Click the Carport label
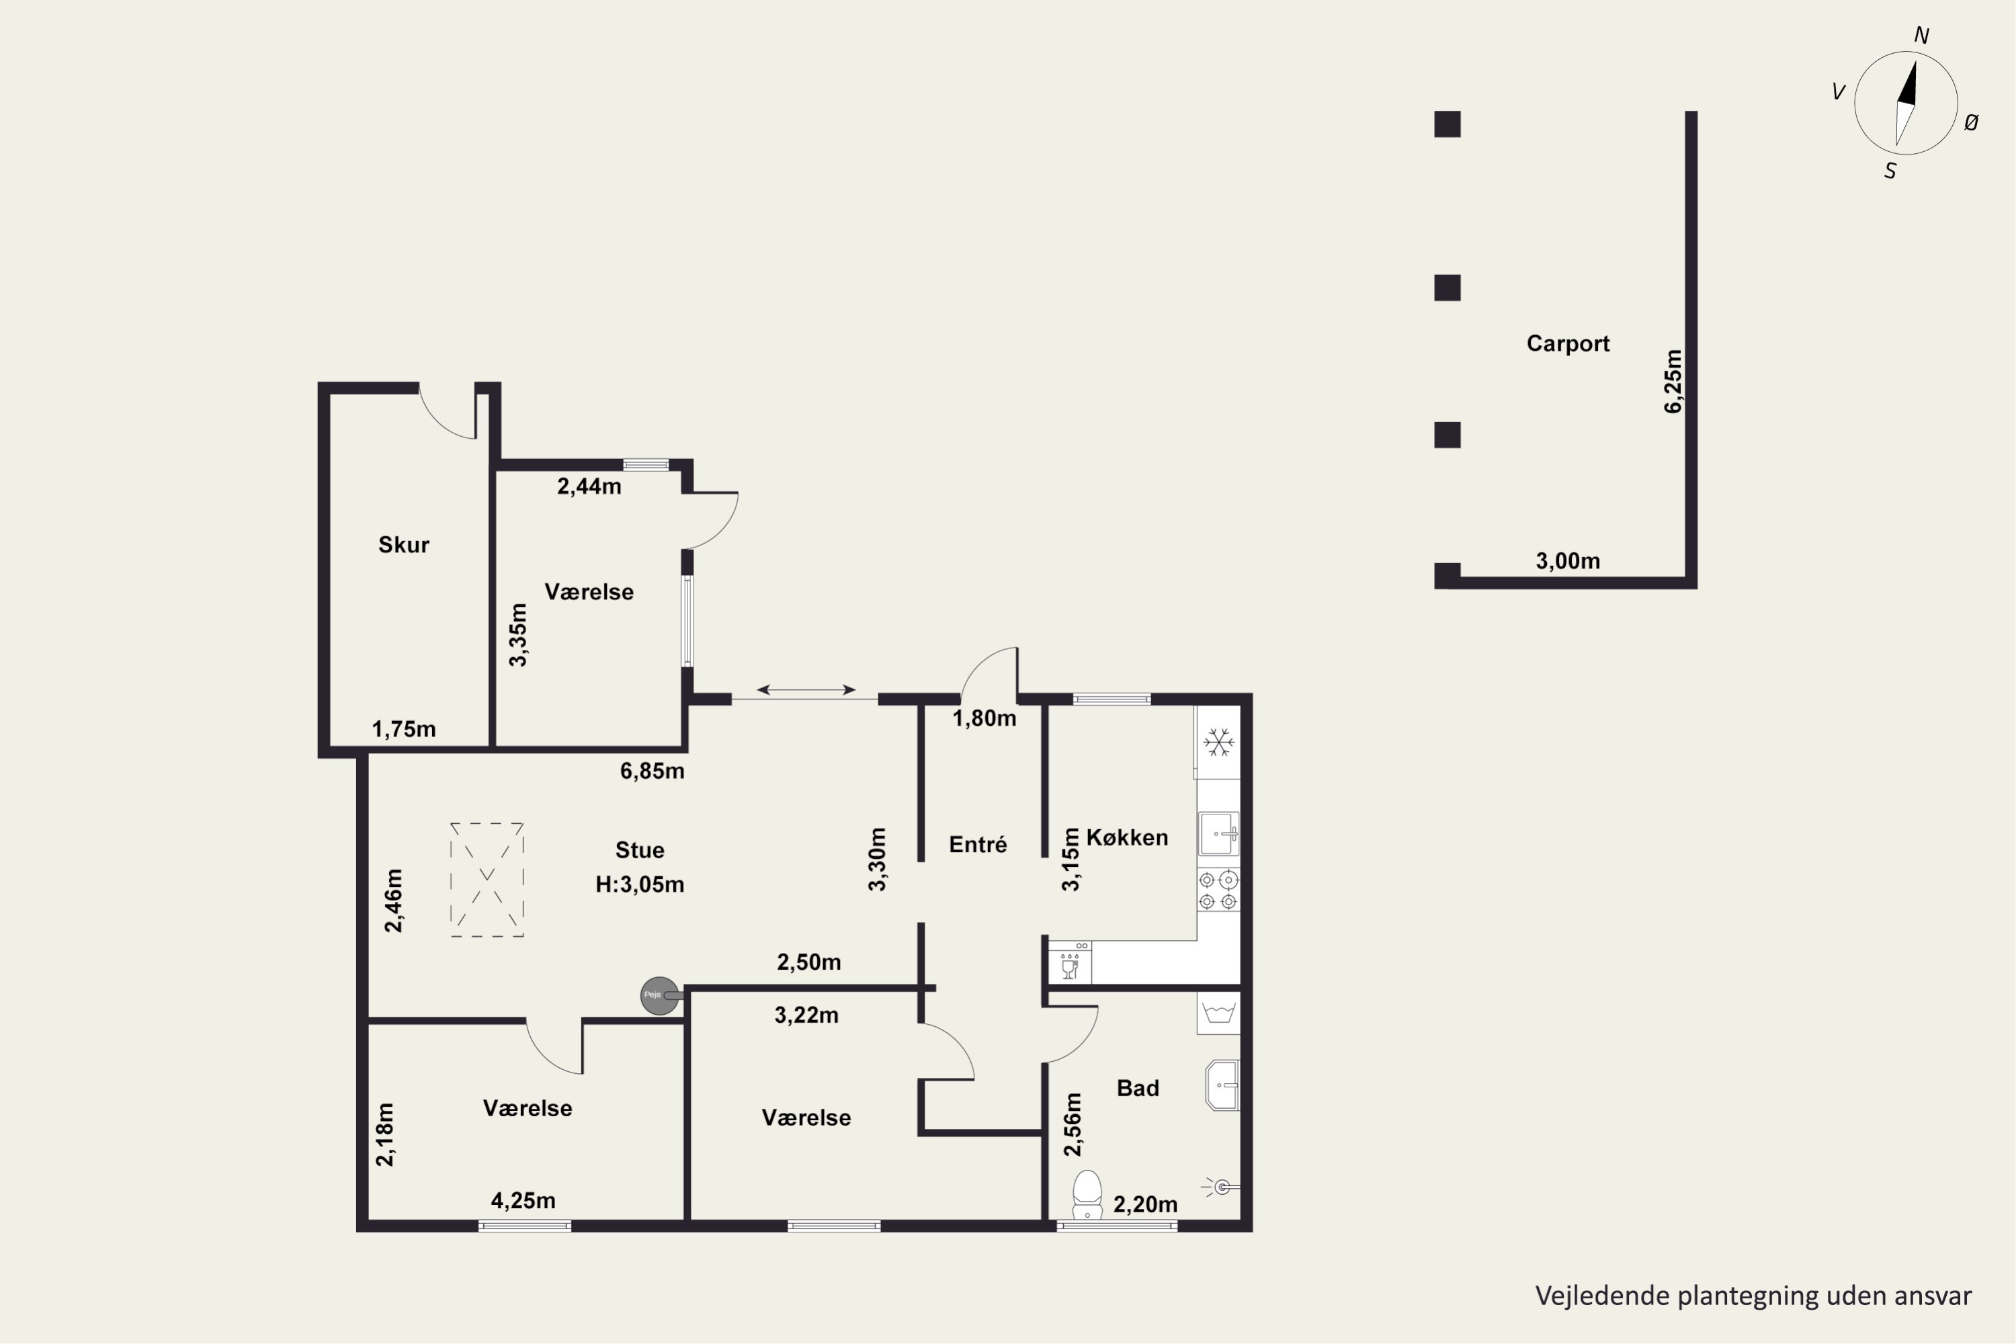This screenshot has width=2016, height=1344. click(x=1568, y=343)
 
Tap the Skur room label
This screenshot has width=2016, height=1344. click(x=404, y=544)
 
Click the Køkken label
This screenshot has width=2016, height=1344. click(x=1127, y=837)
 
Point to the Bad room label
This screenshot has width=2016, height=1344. click(x=1138, y=1088)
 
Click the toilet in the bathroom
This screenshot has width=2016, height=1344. click(x=1087, y=1194)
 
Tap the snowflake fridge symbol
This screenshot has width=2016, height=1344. click(x=1218, y=743)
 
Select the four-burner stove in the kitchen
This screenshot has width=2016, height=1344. click(x=1218, y=890)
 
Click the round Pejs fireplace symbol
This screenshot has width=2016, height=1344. click(x=660, y=996)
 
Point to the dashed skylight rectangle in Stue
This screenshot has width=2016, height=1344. click(x=487, y=880)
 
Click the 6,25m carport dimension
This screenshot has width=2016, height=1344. click(x=1673, y=382)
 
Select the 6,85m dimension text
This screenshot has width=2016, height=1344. click(x=653, y=771)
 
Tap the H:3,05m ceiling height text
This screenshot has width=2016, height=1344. click(x=640, y=884)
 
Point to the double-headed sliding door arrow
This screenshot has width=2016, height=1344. click(x=806, y=689)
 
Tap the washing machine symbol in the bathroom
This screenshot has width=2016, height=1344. click(x=1218, y=1013)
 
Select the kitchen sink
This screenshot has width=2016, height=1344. click(x=1218, y=834)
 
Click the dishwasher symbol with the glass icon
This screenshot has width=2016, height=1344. click(x=1070, y=962)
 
